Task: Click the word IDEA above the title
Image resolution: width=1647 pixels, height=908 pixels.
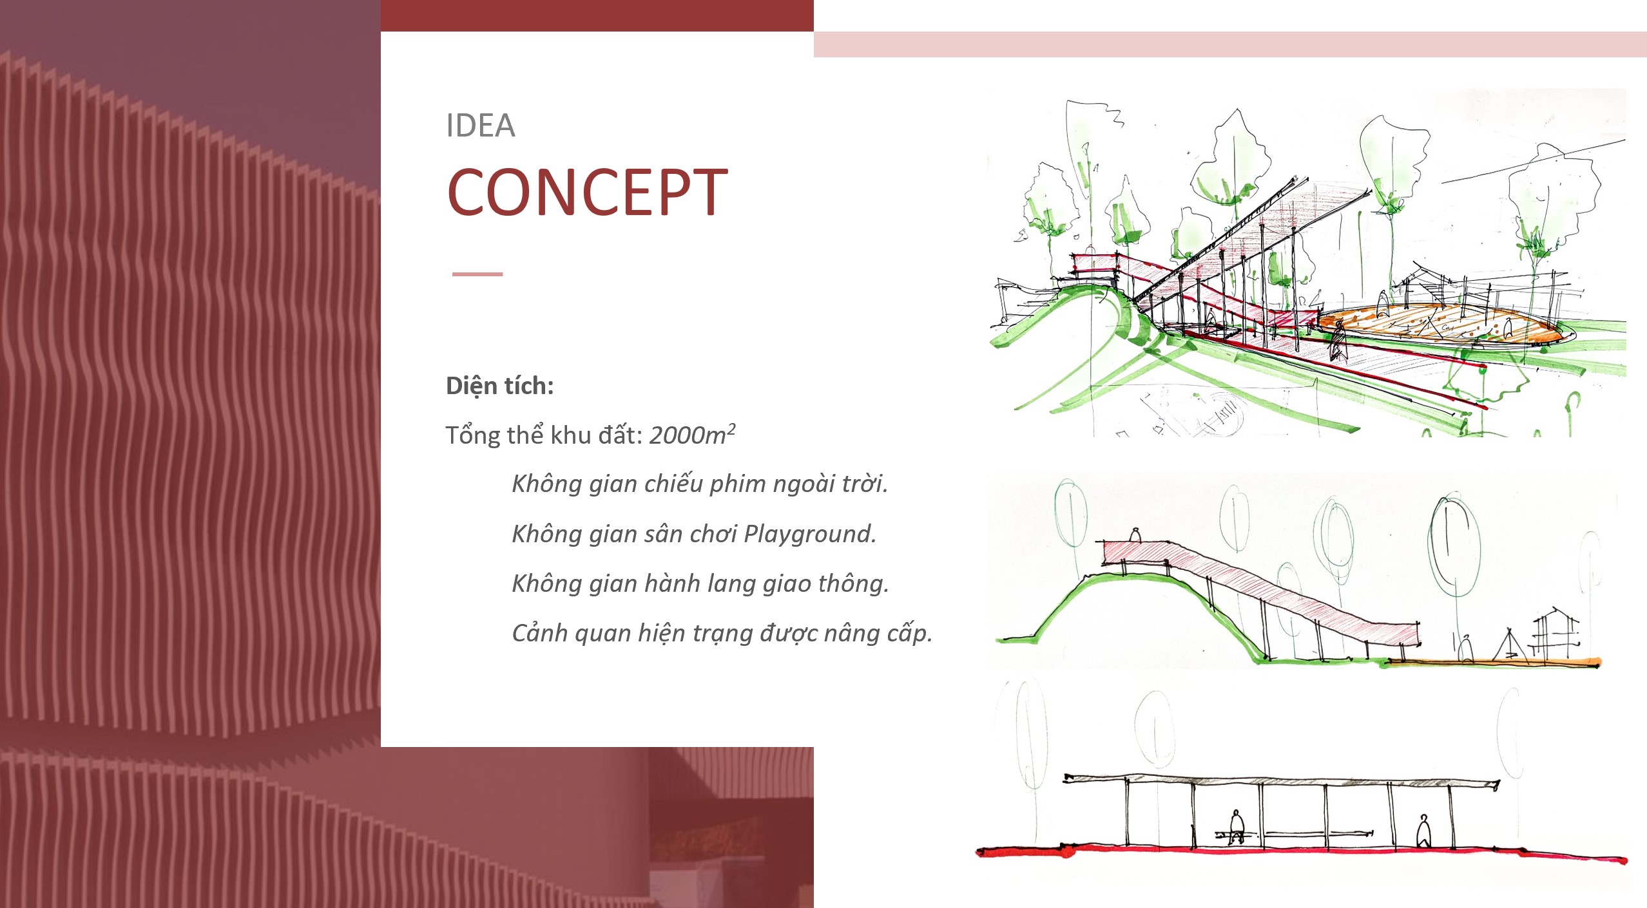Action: [x=481, y=126]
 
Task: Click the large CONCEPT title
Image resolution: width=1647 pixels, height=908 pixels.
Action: [x=587, y=192]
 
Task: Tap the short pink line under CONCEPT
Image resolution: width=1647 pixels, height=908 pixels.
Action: [x=477, y=274]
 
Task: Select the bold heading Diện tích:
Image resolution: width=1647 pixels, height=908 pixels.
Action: [x=500, y=386]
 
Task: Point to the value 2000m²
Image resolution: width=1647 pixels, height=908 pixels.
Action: [x=692, y=435]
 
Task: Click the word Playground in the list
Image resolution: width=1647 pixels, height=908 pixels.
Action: [x=810, y=534]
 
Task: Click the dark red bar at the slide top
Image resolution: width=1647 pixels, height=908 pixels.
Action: [x=597, y=15]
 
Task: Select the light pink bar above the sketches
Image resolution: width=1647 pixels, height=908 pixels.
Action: [x=1230, y=44]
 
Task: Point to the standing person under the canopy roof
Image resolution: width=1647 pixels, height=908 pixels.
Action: [x=1423, y=831]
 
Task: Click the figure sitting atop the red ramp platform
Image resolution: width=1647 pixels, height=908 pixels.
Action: [x=1135, y=534]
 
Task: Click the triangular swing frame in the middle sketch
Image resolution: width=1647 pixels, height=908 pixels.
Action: [x=1511, y=644]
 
